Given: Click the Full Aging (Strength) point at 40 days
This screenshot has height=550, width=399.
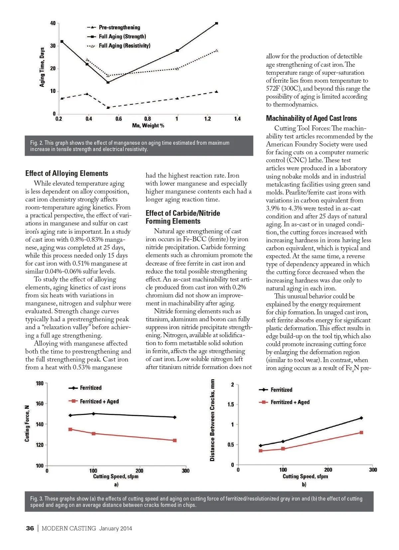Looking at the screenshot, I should click(216, 23).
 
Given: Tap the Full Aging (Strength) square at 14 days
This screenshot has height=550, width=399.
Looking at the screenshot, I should click(108, 82).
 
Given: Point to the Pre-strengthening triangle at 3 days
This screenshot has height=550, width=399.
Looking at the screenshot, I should click(108, 108).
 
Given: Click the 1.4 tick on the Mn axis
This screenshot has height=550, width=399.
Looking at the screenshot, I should click(237, 119).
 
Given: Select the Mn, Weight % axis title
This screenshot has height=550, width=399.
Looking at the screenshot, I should click(148, 126).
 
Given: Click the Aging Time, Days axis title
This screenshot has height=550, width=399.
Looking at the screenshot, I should click(42, 67).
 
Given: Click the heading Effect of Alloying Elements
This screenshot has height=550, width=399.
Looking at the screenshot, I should click(66, 173).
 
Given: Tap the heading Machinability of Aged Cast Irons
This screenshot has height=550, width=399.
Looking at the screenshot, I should click(311, 118).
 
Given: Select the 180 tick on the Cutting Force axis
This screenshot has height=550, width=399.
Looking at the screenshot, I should click(40, 383).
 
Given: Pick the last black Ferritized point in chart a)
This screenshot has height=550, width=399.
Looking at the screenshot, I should click(175, 417).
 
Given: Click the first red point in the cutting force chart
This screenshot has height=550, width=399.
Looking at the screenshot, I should click(70, 429).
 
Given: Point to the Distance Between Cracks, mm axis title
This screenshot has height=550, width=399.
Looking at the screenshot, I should click(212, 420).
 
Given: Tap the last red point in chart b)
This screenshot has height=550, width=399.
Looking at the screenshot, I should click(361, 432).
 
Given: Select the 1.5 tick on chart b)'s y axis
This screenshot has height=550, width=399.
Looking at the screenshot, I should click(230, 405).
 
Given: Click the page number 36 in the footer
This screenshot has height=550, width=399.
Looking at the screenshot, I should click(30, 528).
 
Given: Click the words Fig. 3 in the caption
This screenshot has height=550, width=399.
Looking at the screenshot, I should click(36, 499).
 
